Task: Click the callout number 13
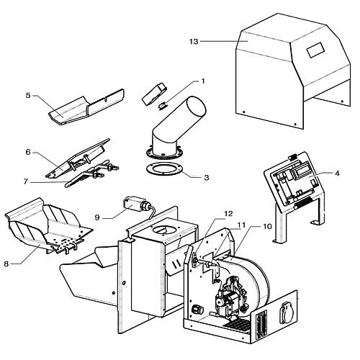[194, 42]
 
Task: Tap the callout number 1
[203, 81]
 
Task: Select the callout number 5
[28, 95]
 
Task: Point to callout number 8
[6, 264]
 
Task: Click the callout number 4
[337, 173]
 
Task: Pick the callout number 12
[228, 213]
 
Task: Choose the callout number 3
[207, 178]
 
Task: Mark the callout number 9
[97, 217]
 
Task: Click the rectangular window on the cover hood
[315, 50]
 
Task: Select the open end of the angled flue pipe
[197, 108]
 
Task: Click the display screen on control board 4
[299, 171]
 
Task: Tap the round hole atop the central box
[163, 230]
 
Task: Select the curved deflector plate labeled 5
[87, 107]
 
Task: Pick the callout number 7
[26, 181]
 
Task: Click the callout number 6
[28, 152]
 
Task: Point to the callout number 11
[241, 225]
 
